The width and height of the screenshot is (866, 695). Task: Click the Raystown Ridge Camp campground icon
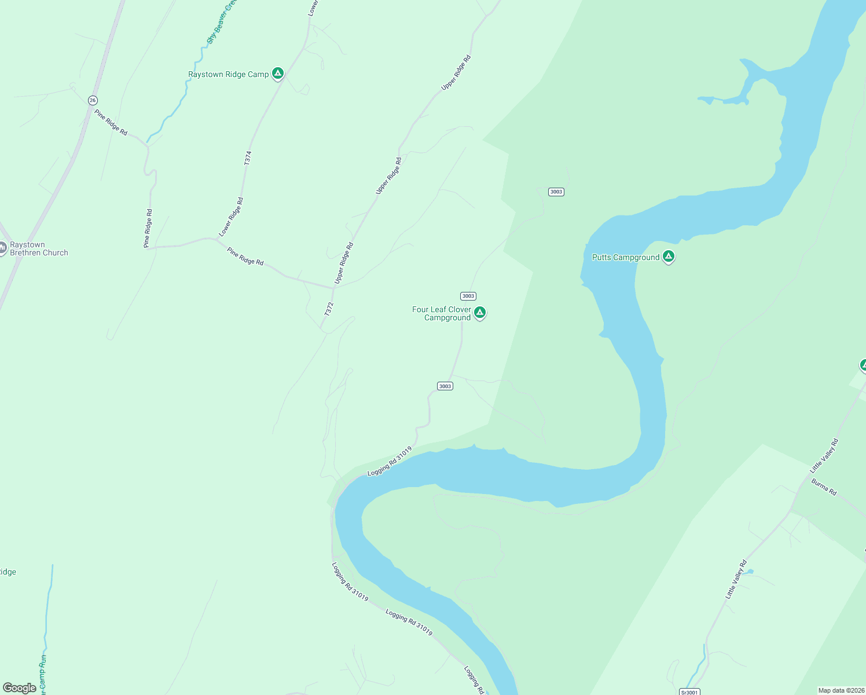[278, 74]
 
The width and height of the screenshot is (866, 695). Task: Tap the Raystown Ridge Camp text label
[229, 75]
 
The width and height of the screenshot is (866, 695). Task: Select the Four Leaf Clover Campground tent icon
[479, 313]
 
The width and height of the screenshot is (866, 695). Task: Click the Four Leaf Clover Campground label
[442, 313]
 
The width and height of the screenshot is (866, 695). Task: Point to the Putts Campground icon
[669, 256]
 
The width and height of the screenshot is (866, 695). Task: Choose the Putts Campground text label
[626, 257]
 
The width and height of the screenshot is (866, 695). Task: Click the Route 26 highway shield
[93, 100]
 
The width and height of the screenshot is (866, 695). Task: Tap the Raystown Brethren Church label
[39, 249]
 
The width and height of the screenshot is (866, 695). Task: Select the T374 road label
[248, 158]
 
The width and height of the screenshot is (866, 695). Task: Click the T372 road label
[329, 309]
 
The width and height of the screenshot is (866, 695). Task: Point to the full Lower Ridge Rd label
[232, 217]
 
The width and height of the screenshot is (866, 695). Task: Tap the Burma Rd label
[824, 487]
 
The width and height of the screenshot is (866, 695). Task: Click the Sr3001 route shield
[689, 692]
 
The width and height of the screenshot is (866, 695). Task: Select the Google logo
[20, 688]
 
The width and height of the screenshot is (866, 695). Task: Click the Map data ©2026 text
[841, 690]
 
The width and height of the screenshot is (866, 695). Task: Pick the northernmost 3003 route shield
[556, 192]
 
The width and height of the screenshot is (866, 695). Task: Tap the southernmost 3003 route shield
[445, 386]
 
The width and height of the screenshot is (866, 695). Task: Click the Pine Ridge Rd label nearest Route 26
[111, 122]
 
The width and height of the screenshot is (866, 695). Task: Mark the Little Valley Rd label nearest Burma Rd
[824, 455]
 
